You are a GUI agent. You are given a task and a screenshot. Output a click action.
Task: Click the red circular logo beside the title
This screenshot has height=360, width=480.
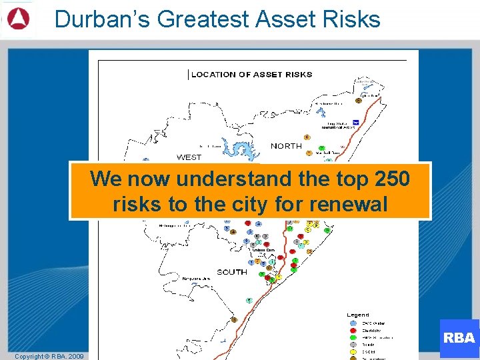point(17,19)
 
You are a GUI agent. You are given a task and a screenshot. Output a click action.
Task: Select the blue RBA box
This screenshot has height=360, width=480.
point(459,338)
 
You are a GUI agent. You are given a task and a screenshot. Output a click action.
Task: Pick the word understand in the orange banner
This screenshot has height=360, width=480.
point(236,179)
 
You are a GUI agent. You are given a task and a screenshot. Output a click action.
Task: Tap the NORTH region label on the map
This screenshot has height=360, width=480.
point(286,146)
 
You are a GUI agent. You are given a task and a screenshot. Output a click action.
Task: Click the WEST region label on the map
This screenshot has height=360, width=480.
point(189,157)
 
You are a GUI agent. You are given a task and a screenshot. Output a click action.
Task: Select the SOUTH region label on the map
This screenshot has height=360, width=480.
point(231,272)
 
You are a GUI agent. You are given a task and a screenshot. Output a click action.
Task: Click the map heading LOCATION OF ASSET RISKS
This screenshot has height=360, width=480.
point(251,75)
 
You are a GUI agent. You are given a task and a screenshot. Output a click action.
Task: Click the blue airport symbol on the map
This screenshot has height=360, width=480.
point(356,122)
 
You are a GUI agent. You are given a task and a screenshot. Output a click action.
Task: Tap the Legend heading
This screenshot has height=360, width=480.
point(358,315)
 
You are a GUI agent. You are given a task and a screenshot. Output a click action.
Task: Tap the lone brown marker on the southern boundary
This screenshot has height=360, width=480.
point(234,320)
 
